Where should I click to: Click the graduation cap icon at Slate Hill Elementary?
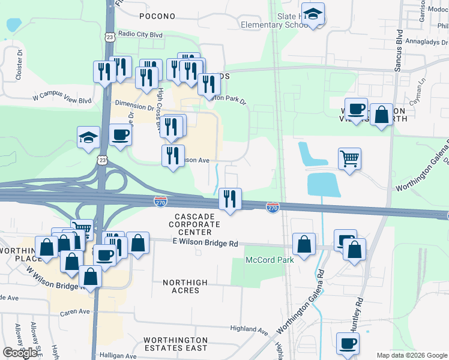click(x=313, y=13)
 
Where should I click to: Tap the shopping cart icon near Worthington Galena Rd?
click(x=349, y=159)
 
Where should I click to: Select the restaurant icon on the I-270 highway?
click(x=230, y=199)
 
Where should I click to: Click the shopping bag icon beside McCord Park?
click(x=304, y=244)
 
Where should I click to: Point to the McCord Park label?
click(x=270, y=260)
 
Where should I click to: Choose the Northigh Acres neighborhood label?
click(x=185, y=286)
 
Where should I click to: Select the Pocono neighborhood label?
click(x=157, y=16)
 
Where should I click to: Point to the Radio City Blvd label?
click(x=141, y=35)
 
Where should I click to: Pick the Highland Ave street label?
click(x=249, y=329)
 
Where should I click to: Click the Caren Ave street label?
click(x=75, y=311)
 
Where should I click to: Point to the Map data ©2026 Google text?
click(x=411, y=355)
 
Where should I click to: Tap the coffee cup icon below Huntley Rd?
click(x=348, y=344)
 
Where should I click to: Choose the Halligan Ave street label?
click(x=114, y=355)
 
